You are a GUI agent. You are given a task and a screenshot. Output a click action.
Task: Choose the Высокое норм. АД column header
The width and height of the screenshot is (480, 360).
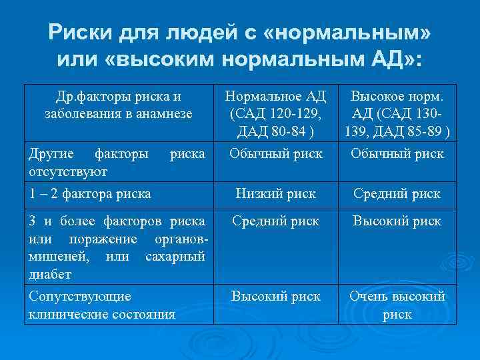[x=397, y=113]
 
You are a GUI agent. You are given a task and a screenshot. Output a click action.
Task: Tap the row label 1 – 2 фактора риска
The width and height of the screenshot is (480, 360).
[x=89, y=195]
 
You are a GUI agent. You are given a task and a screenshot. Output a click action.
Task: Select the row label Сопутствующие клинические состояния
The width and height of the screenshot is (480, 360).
[x=100, y=304]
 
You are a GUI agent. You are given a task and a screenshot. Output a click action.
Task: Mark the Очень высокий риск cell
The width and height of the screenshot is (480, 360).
[x=397, y=305]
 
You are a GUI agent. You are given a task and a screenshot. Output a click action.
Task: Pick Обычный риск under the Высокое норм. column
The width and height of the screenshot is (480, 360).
[x=397, y=154]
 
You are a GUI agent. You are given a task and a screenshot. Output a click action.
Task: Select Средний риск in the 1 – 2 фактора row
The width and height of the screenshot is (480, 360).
[x=397, y=194]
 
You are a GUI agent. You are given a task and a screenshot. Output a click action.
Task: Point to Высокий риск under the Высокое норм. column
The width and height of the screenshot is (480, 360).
[x=397, y=221]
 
